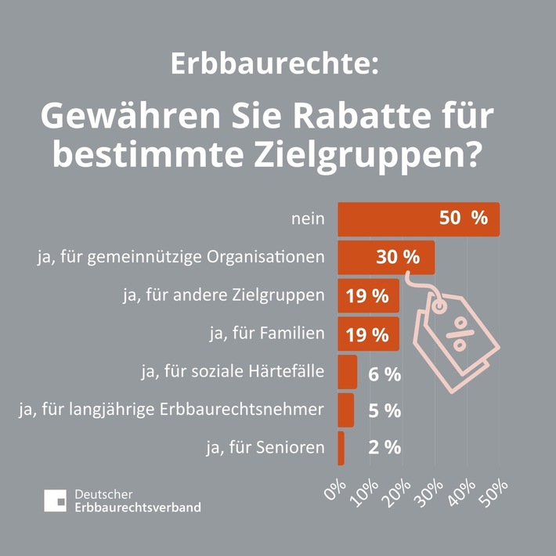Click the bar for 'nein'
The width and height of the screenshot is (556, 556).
418,218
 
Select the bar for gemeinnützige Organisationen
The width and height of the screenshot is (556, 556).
385,257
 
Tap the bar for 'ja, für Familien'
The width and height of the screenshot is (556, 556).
368,334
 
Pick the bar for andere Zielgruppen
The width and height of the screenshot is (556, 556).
368,296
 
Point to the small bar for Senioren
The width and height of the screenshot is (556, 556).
341,448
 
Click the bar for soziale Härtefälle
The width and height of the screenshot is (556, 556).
347,373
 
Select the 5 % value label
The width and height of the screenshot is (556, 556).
384,410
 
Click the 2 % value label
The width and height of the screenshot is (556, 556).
384,448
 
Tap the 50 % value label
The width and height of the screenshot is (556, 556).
463,218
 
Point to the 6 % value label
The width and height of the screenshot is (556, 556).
384,374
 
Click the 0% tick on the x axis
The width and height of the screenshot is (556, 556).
336,489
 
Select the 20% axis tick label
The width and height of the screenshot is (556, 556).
399,489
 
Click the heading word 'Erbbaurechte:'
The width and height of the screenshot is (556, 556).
274,64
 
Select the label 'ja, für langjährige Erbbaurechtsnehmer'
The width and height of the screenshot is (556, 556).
171,410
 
